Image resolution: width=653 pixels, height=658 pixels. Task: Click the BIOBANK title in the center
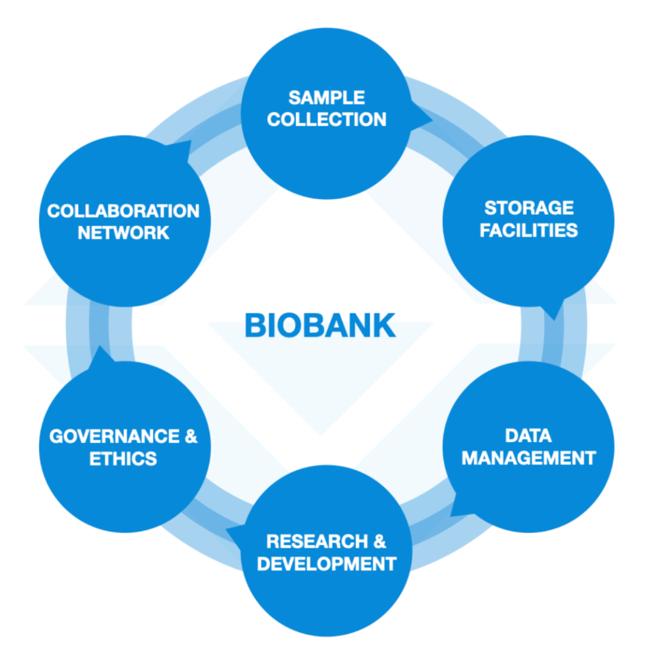(320, 325)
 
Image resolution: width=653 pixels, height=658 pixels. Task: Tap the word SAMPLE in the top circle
(326, 97)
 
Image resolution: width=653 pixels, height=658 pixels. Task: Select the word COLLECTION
(326, 119)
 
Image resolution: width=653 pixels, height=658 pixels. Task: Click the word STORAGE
(529, 208)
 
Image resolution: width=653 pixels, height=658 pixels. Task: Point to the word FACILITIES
(529, 230)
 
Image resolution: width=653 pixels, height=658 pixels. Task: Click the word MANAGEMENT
(528, 458)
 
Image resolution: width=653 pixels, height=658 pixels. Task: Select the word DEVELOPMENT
(326, 564)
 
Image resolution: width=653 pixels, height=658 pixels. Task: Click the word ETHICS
(123, 459)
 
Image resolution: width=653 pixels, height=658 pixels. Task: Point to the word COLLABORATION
(123, 211)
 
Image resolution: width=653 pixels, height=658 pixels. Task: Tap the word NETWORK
(123, 233)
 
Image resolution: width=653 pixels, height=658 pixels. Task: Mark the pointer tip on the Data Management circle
(451, 515)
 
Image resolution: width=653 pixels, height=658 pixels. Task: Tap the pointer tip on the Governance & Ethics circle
(98, 348)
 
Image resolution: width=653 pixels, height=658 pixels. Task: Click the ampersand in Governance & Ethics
(191, 436)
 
